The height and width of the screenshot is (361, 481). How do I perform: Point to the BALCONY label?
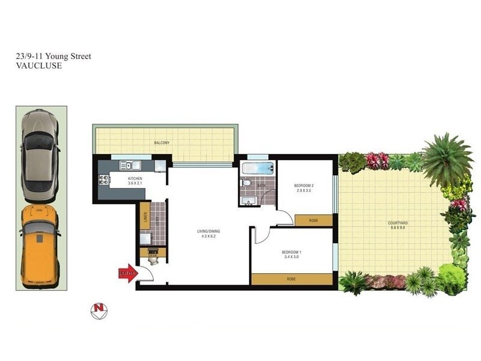coord(161,143)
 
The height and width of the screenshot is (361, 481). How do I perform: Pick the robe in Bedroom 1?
coord(292,279)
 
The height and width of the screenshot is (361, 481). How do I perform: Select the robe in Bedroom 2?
coord(314,220)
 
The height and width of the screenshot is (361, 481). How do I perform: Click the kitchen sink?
coord(129,164)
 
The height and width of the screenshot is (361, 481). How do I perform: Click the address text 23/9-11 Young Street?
coord(54,57)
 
